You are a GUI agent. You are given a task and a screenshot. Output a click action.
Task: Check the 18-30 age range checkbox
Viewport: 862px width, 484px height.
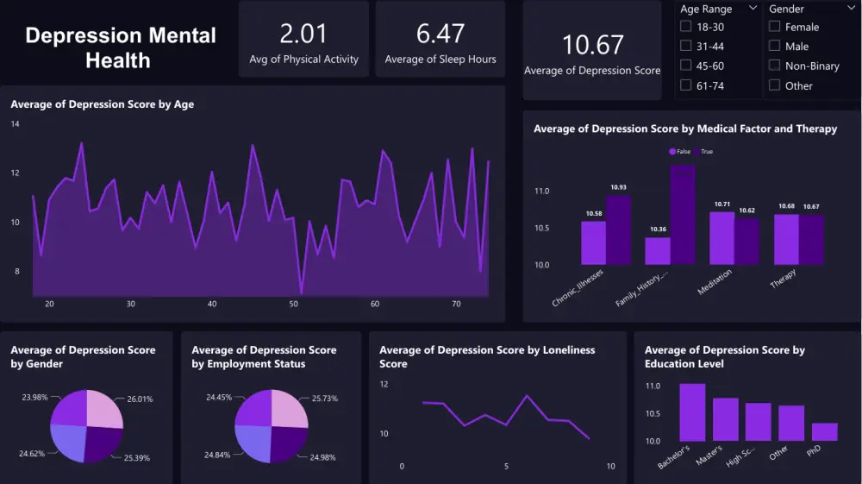[x=686, y=27]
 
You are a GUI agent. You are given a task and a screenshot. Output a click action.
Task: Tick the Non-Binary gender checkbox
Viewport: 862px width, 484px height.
[x=774, y=66]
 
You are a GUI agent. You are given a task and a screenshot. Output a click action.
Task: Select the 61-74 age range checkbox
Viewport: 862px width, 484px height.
[x=686, y=85]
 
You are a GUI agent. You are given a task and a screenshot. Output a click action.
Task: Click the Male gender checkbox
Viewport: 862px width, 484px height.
[x=774, y=46]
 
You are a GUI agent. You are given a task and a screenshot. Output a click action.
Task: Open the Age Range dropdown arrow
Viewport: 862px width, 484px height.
[x=753, y=9]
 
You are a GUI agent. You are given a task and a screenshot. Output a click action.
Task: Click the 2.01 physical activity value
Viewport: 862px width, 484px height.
[x=303, y=34]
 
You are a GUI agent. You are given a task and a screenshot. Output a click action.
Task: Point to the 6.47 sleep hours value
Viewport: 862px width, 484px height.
[x=440, y=34]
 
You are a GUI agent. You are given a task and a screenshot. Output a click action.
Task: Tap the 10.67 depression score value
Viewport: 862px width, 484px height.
[x=591, y=45]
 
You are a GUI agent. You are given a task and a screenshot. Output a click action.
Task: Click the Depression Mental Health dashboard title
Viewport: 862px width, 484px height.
[x=121, y=47]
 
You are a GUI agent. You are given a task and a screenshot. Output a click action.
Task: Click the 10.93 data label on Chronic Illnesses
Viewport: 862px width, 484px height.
[x=618, y=187]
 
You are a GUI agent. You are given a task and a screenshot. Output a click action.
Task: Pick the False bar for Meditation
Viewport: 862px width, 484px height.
[x=721, y=237]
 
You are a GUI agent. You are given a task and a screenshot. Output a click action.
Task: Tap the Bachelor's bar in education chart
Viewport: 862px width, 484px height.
[x=692, y=412]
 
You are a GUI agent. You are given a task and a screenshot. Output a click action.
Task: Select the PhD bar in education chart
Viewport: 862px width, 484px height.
[x=824, y=431]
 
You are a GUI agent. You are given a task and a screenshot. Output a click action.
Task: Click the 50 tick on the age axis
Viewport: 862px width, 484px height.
[x=293, y=305]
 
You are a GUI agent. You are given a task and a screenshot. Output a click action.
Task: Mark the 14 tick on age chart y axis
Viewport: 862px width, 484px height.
[x=15, y=124]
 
